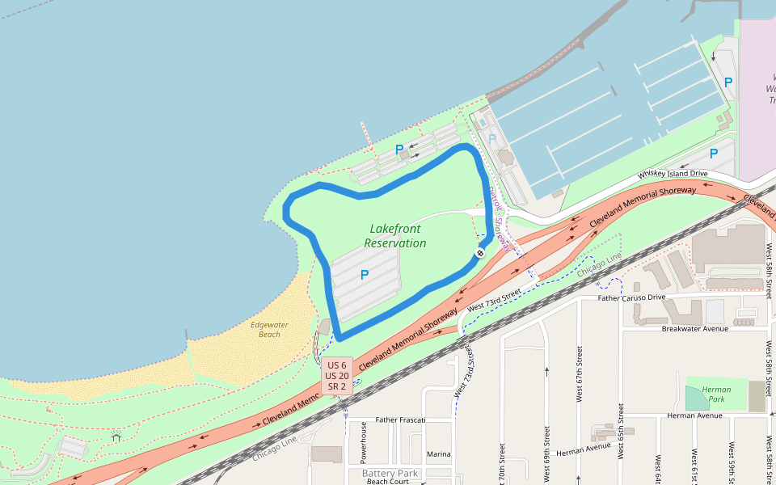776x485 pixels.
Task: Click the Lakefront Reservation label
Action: (x=394, y=236)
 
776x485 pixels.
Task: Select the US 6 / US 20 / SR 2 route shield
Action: (x=337, y=376)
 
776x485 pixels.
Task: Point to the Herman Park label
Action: (x=716, y=394)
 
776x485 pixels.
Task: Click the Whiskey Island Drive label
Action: (x=673, y=175)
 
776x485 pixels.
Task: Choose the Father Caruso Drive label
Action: (x=631, y=297)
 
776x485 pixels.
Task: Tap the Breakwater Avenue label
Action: (x=694, y=328)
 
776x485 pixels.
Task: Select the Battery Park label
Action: (x=390, y=473)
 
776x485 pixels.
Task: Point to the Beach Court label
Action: (x=387, y=482)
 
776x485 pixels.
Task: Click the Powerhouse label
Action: (x=364, y=442)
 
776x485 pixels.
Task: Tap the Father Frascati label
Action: (x=401, y=420)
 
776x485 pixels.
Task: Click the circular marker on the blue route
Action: (x=479, y=253)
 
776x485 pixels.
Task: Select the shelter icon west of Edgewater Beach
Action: (x=116, y=437)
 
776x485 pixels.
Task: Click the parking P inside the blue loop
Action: (x=364, y=275)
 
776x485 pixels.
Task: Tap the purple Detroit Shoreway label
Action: (x=500, y=219)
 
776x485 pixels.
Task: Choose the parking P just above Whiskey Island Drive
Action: (x=713, y=153)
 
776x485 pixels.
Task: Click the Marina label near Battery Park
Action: (x=439, y=454)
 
